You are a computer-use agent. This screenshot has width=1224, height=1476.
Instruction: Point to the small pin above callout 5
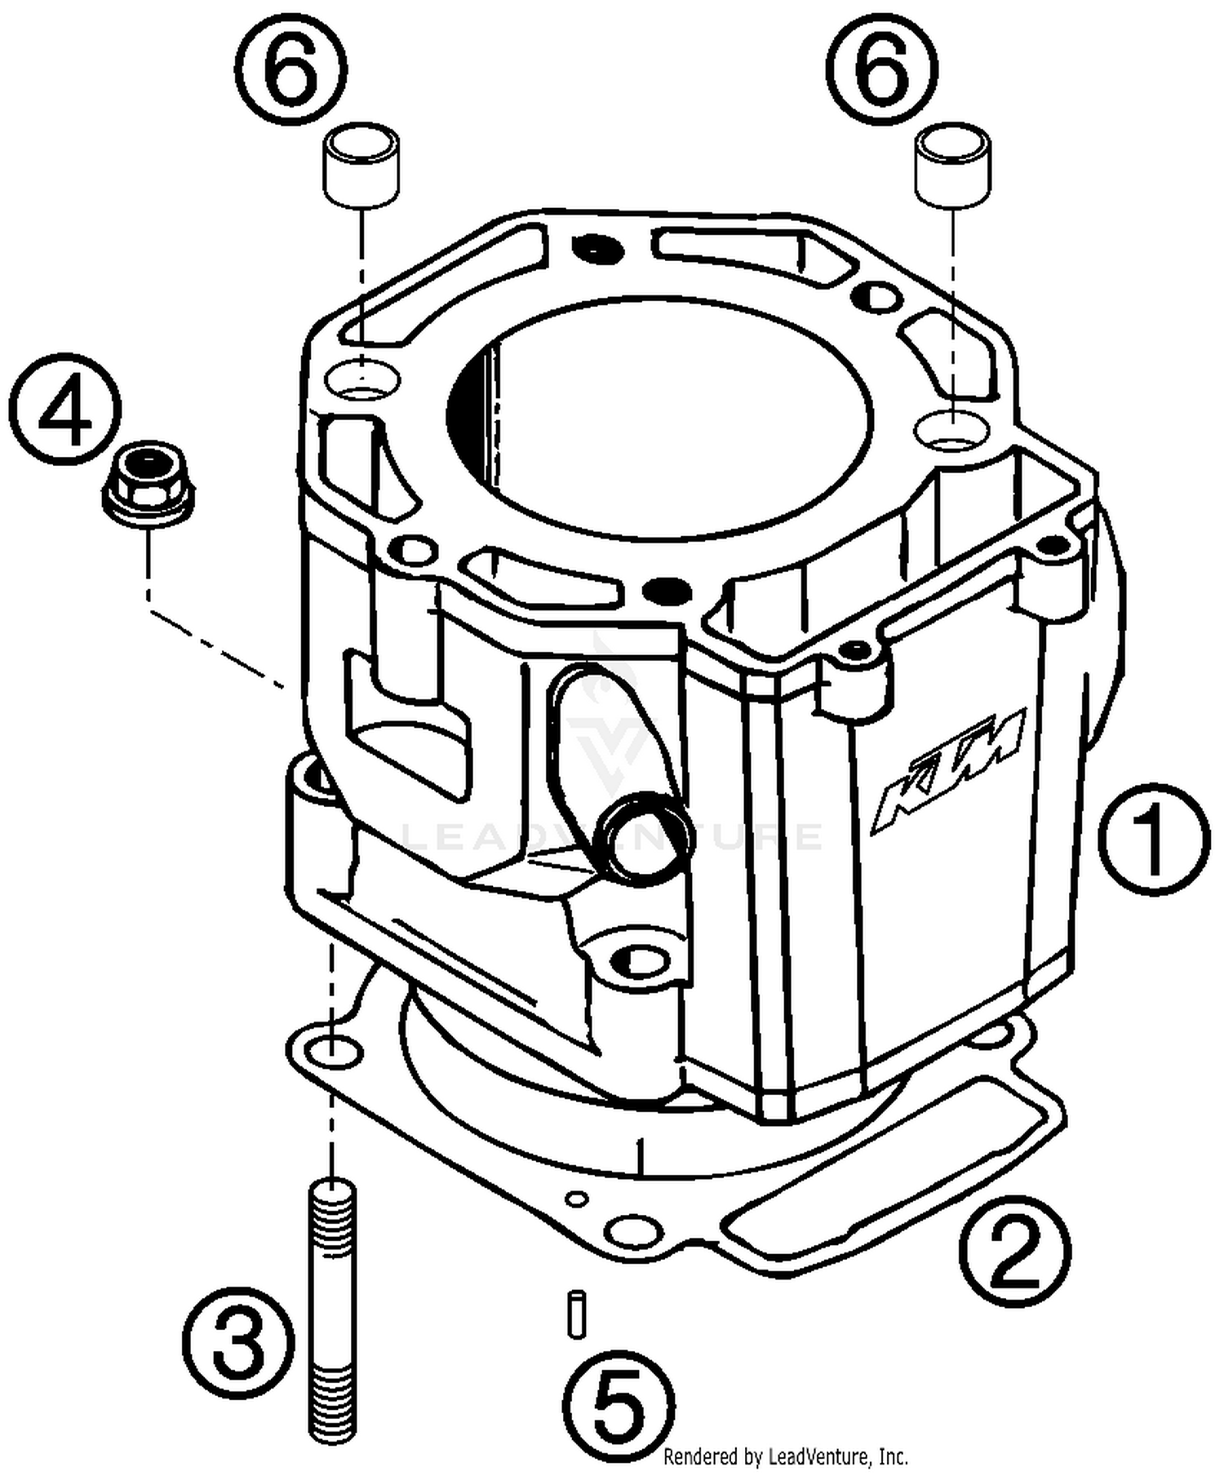point(577,1314)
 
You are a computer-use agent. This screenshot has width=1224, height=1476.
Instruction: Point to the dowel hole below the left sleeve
point(363,379)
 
